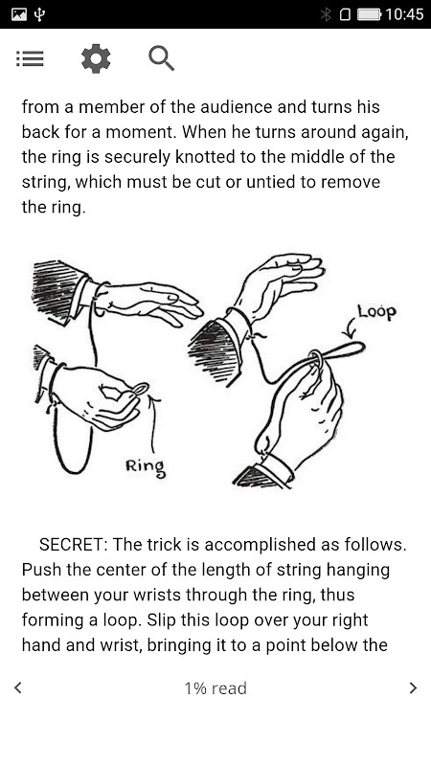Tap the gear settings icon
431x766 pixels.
pos(96,58)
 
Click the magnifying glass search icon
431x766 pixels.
pos(162,58)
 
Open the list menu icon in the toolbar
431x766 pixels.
pos(30,58)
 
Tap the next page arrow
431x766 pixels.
pos(414,687)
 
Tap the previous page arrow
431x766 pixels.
pos(18,687)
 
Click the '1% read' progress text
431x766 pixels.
pos(215,688)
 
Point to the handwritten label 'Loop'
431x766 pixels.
pos(376,312)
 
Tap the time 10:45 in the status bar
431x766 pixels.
pos(404,14)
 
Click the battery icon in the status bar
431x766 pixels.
pos(369,14)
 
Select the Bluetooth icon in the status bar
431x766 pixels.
pos(326,14)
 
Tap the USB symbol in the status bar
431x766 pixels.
pos(40,14)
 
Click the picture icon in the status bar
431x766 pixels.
pos(19,14)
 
